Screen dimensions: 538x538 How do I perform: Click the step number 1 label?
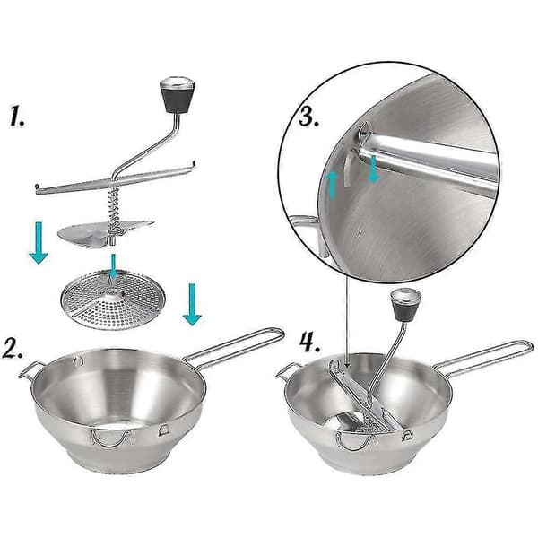(x=17, y=116)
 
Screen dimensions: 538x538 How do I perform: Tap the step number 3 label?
(x=308, y=117)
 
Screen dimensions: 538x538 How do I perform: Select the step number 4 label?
(x=310, y=343)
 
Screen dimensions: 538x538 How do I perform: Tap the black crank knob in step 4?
(x=406, y=305)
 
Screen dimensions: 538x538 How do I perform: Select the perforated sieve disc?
(x=113, y=299)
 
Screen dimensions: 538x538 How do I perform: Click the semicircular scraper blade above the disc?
(x=103, y=233)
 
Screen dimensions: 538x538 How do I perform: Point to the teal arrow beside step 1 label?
(x=38, y=243)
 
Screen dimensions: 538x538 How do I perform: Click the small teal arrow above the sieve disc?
(x=114, y=266)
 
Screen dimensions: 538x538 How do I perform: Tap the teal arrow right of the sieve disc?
(x=192, y=304)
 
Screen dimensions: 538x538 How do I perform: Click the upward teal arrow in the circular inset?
(x=332, y=186)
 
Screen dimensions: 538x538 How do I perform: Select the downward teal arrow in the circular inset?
(x=373, y=169)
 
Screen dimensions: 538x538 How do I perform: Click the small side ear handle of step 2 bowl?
(x=30, y=369)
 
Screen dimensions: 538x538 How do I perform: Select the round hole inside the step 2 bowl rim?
(x=78, y=360)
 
